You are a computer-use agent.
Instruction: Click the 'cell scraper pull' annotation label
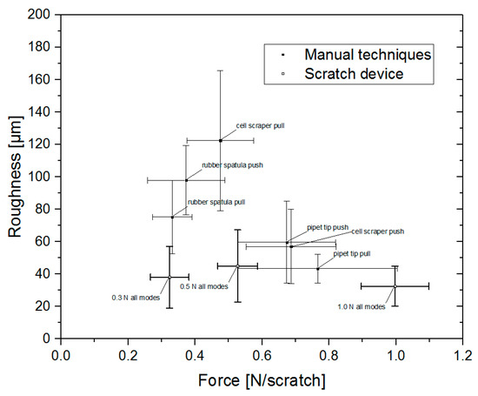tap(260, 125)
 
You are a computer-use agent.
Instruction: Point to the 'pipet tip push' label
tap(327, 227)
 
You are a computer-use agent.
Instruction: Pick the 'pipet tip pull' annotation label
tap(354, 253)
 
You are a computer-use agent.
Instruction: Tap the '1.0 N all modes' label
tap(361, 306)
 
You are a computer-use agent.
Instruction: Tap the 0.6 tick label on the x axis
tap(262, 356)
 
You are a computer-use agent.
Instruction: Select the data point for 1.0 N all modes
tap(395, 285)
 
